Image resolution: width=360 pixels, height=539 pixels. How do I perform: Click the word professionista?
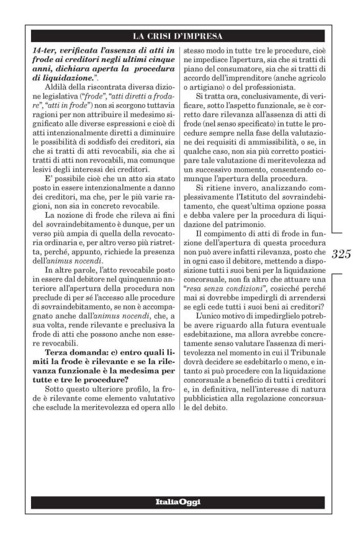pos(247,86)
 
